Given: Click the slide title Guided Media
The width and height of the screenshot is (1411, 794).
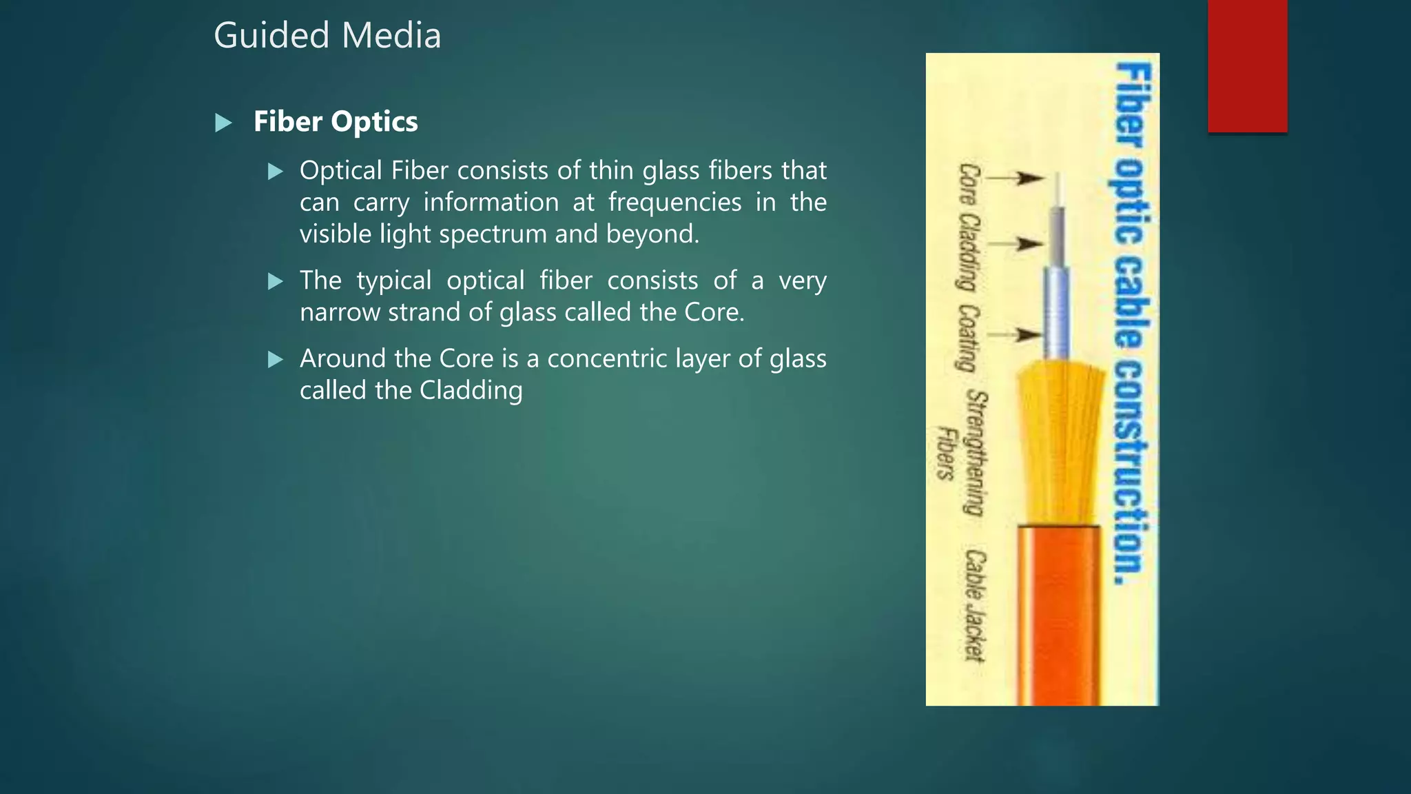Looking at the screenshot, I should [x=327, y=36].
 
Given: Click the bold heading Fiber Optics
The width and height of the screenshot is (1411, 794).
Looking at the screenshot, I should [x=336, y=122].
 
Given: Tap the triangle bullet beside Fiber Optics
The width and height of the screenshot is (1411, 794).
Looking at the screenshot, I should [x=223, y=123].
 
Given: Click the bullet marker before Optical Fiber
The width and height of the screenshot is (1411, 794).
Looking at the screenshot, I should [x=276, y=172].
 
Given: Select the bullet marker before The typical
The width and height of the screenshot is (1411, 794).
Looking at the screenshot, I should [x=276, y=281].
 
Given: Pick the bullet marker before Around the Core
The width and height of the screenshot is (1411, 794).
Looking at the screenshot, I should [x=276, y=359].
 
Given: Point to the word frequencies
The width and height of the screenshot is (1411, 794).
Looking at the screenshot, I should [x=674, y=203].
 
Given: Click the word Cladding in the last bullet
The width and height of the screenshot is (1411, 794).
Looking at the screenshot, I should [x=471, y=391].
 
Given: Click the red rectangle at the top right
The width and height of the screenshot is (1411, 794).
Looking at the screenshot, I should [x=1247, y=66].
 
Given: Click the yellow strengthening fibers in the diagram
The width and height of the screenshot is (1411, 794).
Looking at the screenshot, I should [x=1057, y=441].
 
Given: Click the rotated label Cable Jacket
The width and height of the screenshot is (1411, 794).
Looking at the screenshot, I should [x=974, y=605].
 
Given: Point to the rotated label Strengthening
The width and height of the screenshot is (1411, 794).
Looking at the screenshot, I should [x=976, y=453].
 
